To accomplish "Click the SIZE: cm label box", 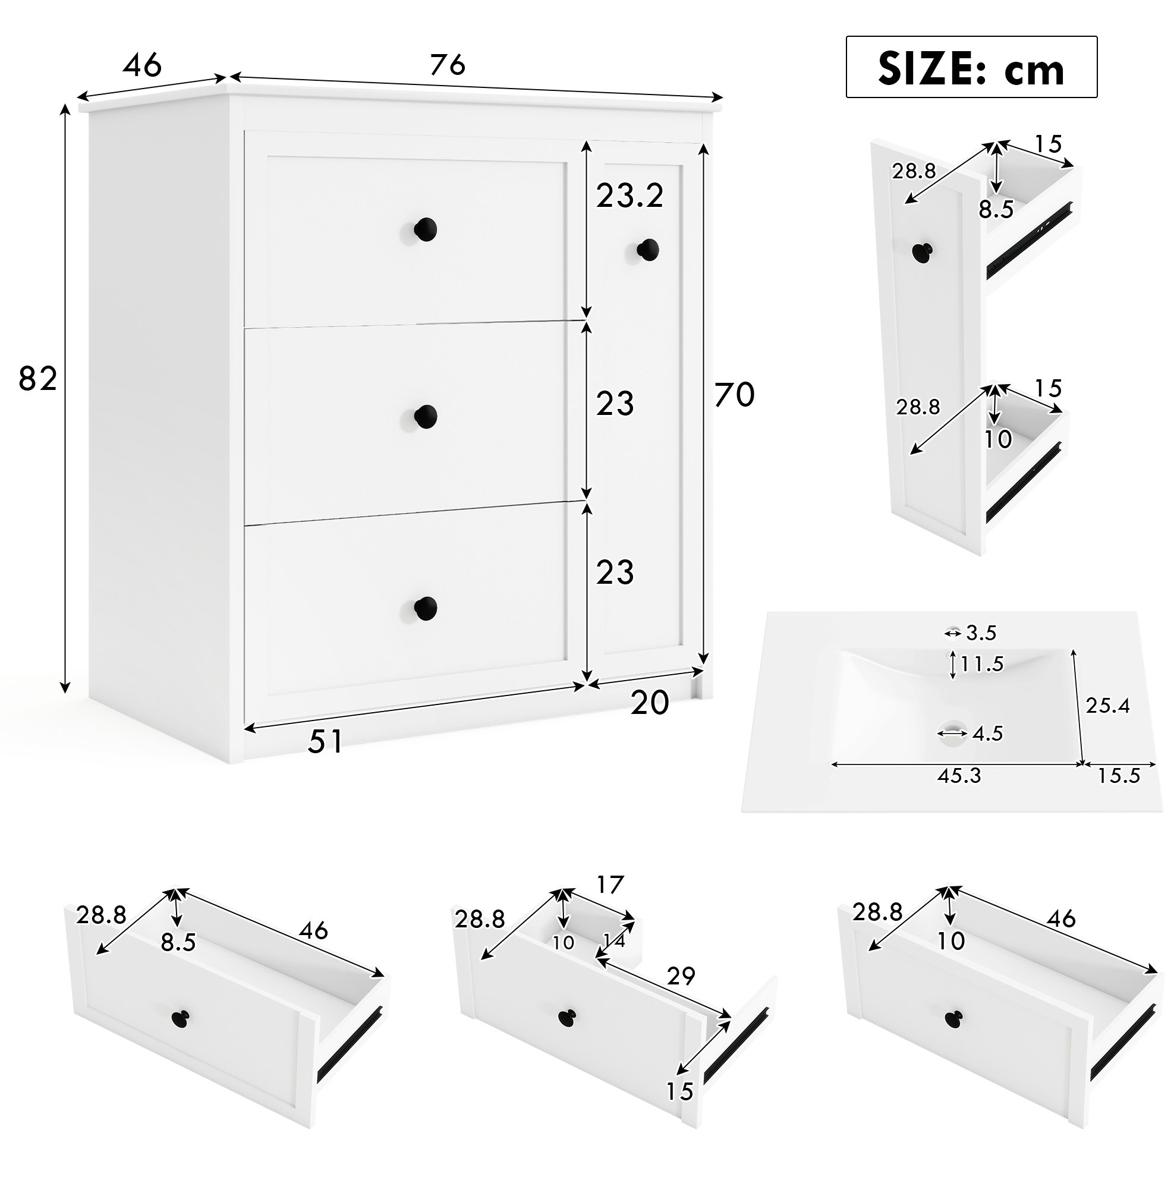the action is click(x=971, y=67).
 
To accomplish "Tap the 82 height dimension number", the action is click(x=38, y=379).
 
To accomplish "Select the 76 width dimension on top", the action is click(x=448, y=64).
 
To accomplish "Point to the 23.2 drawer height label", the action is click(x=630, y=196).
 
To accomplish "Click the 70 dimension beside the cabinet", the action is click(x=735, y=395).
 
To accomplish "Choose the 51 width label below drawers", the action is click(x=326, y=741).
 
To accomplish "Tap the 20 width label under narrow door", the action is click(x=650, y=703).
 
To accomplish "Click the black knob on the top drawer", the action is click(x=425, y=229).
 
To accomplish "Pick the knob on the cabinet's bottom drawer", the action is click(x=425, y=608).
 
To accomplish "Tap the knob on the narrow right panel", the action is click(x=648, y=250).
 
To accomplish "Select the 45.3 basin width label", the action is click(x=959, y=776).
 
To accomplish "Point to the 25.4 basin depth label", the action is click(x=1108, y=706).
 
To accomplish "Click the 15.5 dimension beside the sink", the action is click(x=1119, y=776).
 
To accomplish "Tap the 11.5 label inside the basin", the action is click(x=981, y=664).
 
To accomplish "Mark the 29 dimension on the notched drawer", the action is click(x=681, y=977).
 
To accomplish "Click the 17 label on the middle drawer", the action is click(x=610, y=885).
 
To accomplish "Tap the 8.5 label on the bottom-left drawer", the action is click(x=178, y=942).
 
